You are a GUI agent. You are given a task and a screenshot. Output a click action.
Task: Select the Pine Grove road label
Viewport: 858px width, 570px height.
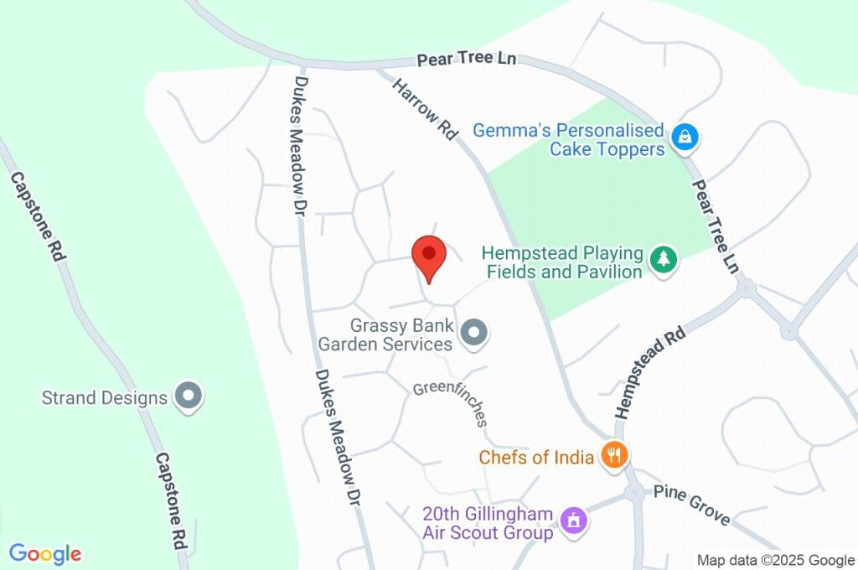pyautogui.click(x=691, y=505)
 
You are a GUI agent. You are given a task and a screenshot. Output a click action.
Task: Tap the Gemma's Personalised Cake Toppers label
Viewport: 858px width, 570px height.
pyautogui.click(x=568, y=140)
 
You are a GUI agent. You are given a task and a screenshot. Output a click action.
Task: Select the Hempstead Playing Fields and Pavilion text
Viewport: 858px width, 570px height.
pyautogui.click(x=562, y=262)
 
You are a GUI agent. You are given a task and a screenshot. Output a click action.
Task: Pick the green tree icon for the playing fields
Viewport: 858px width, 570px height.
pyautogui.click(x=664, y=259)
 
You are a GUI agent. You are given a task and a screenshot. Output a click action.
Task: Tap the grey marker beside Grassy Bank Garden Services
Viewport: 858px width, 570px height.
pyautogui.click(x=475, y=334)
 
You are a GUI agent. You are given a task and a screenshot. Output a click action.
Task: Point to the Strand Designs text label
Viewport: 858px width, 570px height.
pyautogui.click(x=105, y=397)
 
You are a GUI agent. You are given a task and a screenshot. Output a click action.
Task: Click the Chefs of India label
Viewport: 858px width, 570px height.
pyautogui.click(x=536, y=457)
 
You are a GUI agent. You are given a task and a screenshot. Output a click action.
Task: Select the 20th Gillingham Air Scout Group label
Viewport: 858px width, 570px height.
pyautogui.click(x=488, y=523)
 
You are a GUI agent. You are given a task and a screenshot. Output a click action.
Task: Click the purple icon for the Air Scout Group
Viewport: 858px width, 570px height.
pyautogui.click(x=574, y=521)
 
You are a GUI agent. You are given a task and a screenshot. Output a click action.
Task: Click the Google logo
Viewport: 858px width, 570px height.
pyautogui.click(x=45, y=554)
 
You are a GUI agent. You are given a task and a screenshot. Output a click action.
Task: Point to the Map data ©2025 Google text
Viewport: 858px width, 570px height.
pyautogui.click(x=776, y=560)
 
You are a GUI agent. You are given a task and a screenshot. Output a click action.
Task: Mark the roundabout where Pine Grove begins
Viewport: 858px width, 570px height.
pyautogui.click(x=634, y=493)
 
